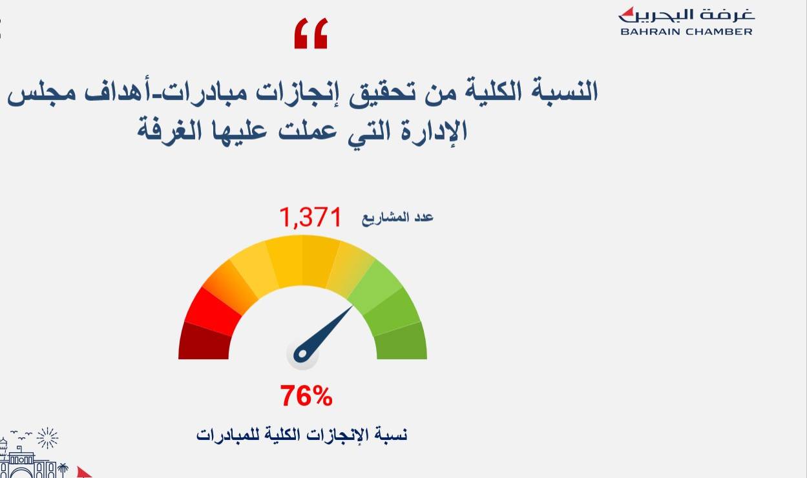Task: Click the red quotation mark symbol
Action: pyautogui.click(x=311, y=33)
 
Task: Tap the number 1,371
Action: pyautogui.click(x=311, y=218)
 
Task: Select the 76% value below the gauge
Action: pyautogui.click(x=306, y=395)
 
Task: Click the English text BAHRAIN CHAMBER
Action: pyautogui.click(x=687, y=32)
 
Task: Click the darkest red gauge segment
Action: pyautogui.click(x=204, y=341)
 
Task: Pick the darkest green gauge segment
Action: pyautogui.click(x=401, y=341)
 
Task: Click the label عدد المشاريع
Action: pyautogui.click(x=398, y=218)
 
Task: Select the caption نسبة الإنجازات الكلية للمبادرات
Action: pyautogui.click(x=302, y=435)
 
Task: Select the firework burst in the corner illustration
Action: pyautogui.click(x=48, y=438)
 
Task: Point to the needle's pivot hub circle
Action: pyautogui.click(x=302, y=354)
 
